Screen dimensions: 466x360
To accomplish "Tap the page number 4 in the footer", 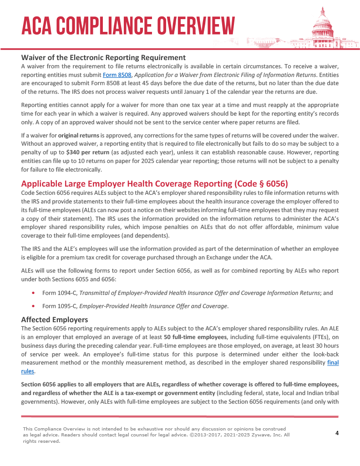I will coord(337,433).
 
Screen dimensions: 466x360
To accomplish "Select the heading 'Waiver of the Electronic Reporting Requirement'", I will coord(103,57).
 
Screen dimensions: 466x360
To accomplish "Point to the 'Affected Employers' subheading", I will coord(55,319).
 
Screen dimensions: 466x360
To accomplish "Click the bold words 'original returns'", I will coord(79,136).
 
